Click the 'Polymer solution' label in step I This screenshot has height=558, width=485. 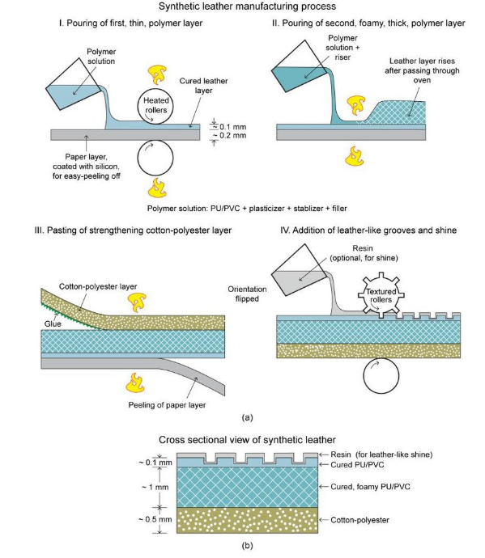pos(101,57)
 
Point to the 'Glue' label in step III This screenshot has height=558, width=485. pos(53,323)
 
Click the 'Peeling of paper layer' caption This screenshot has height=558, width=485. pos(167,405)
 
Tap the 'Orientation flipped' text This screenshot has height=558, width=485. pos(247,294)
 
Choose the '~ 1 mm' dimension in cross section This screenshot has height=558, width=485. pos(155,487)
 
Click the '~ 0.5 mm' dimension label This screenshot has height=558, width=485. pos(155,519)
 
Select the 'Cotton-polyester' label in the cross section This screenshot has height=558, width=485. pos(359,520)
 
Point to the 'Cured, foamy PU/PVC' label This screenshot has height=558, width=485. pos(370,487)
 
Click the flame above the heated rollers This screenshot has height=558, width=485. pos(157,74)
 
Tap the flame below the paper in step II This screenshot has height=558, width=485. pos(354,156)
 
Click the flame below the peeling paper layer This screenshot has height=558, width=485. pos(136,383)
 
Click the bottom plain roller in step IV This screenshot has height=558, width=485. pos(381,376)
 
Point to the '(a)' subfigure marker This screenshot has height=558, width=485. pos(247,417)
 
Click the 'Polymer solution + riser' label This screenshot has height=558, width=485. pos(342,48)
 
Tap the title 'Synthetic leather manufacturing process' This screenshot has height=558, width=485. pos(247,6)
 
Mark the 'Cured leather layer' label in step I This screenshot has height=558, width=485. pos(203,86)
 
